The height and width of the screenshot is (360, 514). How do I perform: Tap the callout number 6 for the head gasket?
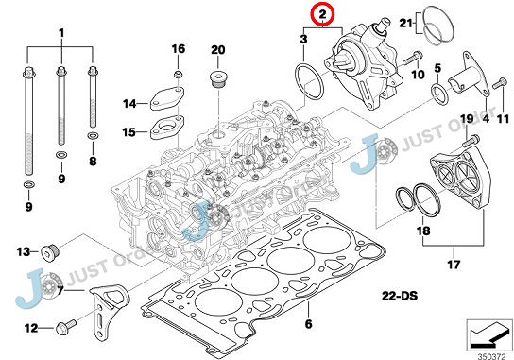point(307,325)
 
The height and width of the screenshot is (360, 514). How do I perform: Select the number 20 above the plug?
point(217,49)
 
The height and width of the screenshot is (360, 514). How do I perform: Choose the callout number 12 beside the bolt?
point(30,328)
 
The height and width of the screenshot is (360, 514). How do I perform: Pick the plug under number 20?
point(217,77)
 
